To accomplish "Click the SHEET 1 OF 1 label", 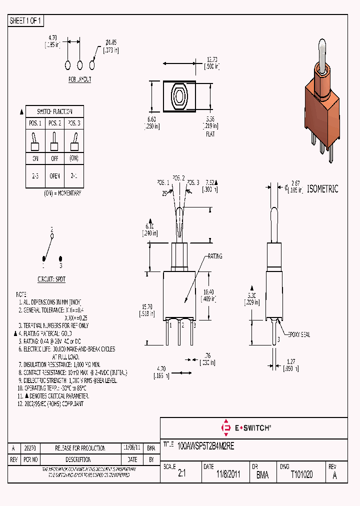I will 26,21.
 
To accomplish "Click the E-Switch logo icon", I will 224,427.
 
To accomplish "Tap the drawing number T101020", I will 301,474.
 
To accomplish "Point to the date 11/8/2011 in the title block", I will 228,474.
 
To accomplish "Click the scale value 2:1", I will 182,474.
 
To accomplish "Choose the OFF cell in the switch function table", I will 54,158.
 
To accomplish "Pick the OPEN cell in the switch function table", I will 54,176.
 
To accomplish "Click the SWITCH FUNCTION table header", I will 55,111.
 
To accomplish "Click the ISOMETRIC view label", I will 322,189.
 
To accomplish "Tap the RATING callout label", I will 213,256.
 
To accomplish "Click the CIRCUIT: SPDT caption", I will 51,279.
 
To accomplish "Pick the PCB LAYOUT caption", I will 79,79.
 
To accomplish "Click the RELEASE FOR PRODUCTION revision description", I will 80,448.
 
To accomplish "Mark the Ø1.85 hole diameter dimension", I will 111,43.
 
